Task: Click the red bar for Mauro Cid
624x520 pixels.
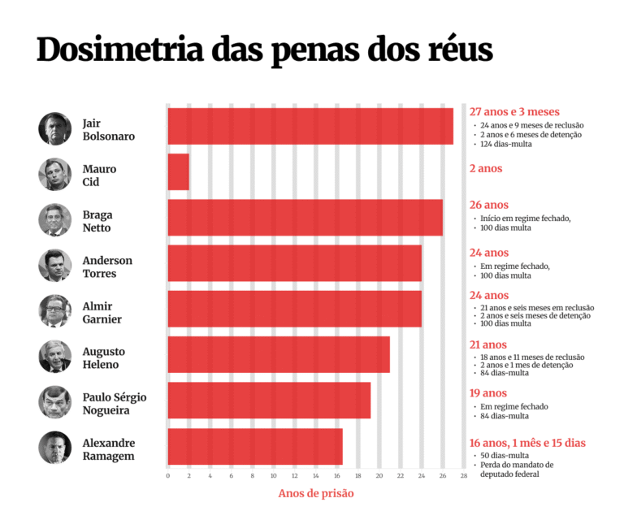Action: (178, 172)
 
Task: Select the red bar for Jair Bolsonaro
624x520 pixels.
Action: (310, 126)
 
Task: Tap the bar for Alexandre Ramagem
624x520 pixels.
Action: (255, 447)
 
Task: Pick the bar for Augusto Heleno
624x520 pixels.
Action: (279, 355)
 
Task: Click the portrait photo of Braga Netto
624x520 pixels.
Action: (55, 219)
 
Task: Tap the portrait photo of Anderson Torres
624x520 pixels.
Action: (55, 266)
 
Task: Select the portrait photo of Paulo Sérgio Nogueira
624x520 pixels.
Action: (55, 402)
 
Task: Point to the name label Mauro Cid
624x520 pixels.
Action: (100, 175)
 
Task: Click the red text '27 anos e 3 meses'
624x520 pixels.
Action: (514, 111)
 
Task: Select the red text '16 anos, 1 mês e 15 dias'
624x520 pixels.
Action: (527, 443)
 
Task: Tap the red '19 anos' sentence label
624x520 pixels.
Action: (488, 393)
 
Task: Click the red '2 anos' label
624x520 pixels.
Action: (486, 168)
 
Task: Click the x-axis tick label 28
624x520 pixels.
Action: (464, 475)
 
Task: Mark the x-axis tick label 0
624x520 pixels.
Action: (167, 475)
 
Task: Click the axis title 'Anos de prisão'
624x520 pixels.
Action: (316, 493)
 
